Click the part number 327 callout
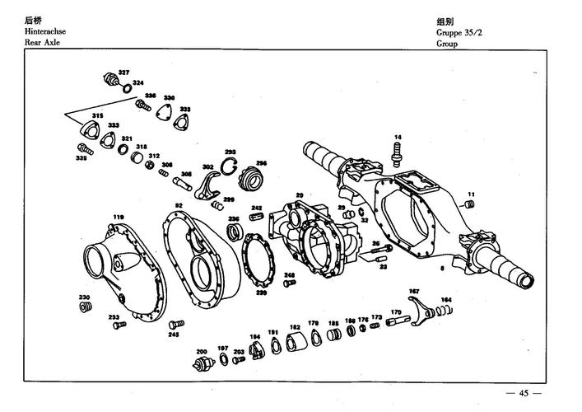click(123, 73)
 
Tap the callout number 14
click(397, 137)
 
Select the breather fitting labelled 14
click(398, 151)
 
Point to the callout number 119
click(119, 217)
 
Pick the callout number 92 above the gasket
click(179, 205)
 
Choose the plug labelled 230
click(84, 307)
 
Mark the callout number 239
click(262, 292)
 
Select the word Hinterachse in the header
click(45, 30)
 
